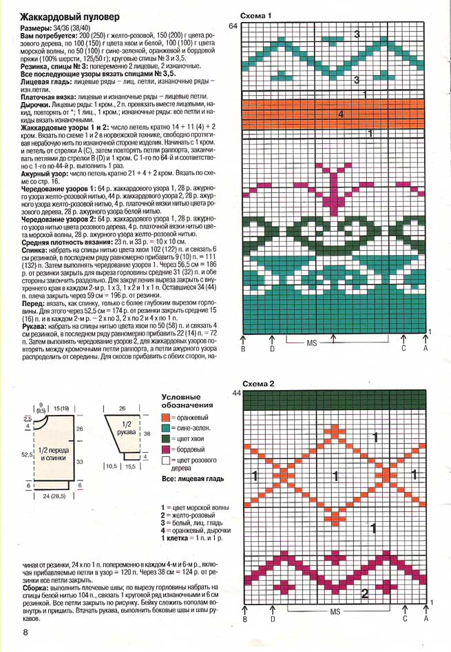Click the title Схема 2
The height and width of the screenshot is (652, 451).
(x=258, y=383)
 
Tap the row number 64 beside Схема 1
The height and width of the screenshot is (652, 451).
(x=233, y=26)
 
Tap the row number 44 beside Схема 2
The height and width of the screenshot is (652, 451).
(x=235, y=393)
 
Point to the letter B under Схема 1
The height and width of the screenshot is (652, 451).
(x=244, y=349)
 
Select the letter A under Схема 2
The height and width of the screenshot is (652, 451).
(x=426, y=618)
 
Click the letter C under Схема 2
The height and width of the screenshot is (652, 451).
(x=405, y=618)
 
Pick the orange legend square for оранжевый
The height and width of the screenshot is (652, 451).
(x=165, y=418)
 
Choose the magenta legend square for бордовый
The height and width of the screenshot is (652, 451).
(x=165, y=449)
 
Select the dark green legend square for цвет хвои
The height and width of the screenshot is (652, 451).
(x=165, y=438)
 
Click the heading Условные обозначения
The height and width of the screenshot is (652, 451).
(x=187, y=401)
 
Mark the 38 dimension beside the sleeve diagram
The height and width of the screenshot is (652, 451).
(x=146, y=434)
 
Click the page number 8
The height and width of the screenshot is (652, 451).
(x=25, y=632)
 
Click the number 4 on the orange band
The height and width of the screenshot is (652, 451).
(x=340, y=114)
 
